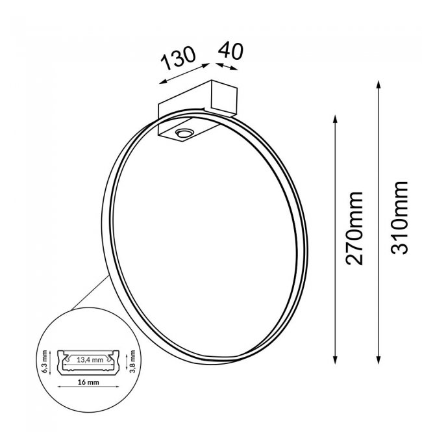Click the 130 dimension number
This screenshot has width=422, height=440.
tap(178, 58)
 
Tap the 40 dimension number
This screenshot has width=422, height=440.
tap(231, 51)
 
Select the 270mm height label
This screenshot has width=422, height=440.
tap(354, 229)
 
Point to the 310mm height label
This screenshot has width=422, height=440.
tap(399, 218)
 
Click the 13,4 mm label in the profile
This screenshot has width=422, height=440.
tap(90, 359)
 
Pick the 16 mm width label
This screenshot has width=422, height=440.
tap(88, 382)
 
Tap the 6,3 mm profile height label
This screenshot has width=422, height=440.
tap(44, 361)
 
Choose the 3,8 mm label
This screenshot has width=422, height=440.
tap(132, 361)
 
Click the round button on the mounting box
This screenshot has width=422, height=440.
tap(184, 133)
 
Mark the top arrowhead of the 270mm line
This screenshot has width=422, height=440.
tap(335, 118)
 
